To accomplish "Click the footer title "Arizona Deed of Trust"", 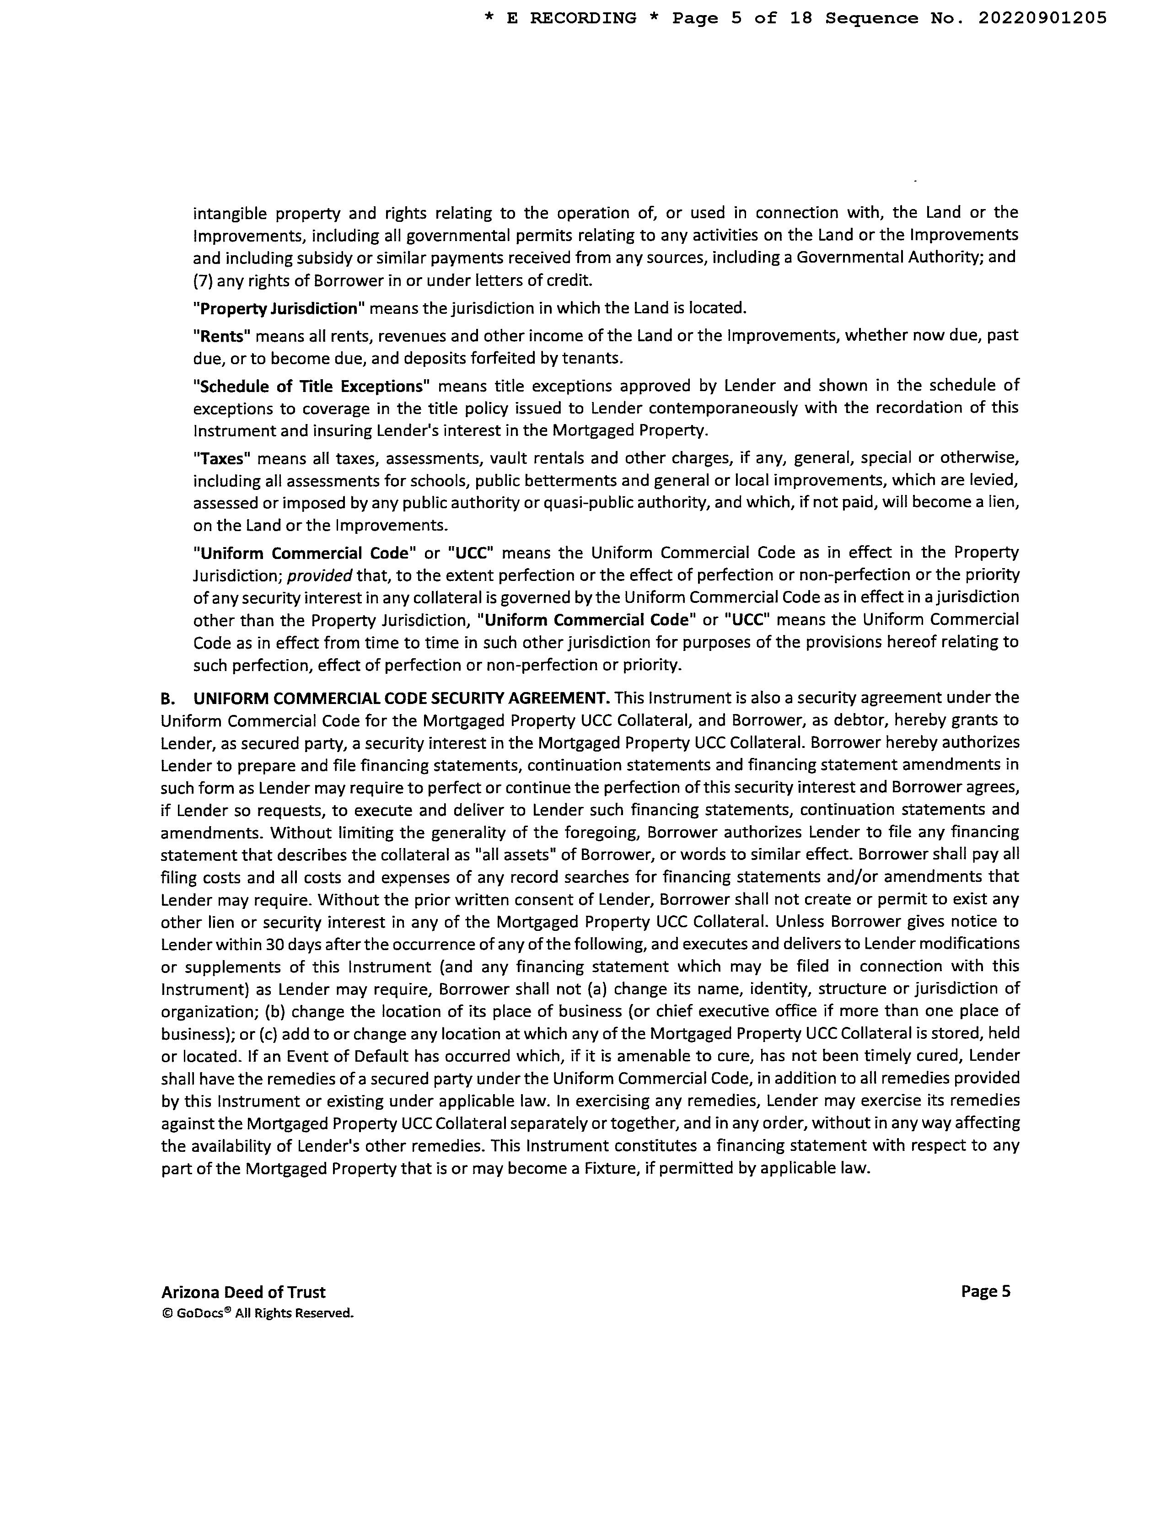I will pos(243,1292).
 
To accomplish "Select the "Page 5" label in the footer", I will pos(985,1292).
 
